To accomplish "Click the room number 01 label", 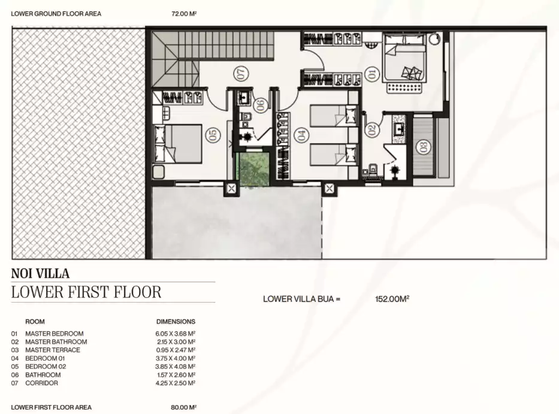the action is [371, 74].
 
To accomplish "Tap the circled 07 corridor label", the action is [241, 74].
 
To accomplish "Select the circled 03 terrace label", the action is [424, 147].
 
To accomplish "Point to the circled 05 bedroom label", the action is [213, 135].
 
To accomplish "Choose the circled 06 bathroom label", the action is [261, 105].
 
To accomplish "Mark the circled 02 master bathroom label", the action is [371, 129].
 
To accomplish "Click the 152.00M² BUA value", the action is [392, 299].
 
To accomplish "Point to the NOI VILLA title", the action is [40, 274].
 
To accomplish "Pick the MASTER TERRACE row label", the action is [53, 350].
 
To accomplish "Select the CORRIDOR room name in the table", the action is [41, 383].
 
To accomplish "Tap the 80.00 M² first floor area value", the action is [183, 407].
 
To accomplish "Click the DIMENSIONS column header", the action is [176, 322].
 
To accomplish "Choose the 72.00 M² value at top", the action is [184, 14].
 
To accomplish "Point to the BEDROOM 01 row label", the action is [45, 358].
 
